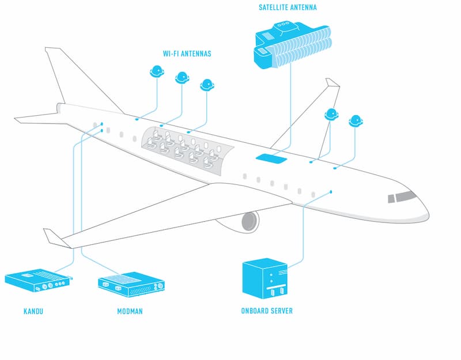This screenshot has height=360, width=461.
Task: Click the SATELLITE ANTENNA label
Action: coord(288,7)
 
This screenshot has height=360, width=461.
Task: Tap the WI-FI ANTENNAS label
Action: coord(187,54)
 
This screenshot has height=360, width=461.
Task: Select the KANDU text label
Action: coord(33,311)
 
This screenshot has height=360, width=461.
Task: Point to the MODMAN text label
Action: coord(130,311)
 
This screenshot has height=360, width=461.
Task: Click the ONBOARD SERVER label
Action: coord(267,311)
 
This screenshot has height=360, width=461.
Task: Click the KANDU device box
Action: coord(38,281)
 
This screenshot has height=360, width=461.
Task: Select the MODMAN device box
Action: coord(131,284)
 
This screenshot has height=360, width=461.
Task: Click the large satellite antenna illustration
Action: coord(293,45)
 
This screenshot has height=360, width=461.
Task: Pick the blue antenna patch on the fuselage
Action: coord(271,159)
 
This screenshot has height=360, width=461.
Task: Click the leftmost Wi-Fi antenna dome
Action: coord(157,71)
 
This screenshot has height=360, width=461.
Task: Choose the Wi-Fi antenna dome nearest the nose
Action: coord(356,121)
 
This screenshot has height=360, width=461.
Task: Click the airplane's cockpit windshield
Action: coord(402,196)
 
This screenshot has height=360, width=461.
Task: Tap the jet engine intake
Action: coord(250,221)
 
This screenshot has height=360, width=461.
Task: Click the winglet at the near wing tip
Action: coord(54,238)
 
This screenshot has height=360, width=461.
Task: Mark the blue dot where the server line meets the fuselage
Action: coord(331,192)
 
